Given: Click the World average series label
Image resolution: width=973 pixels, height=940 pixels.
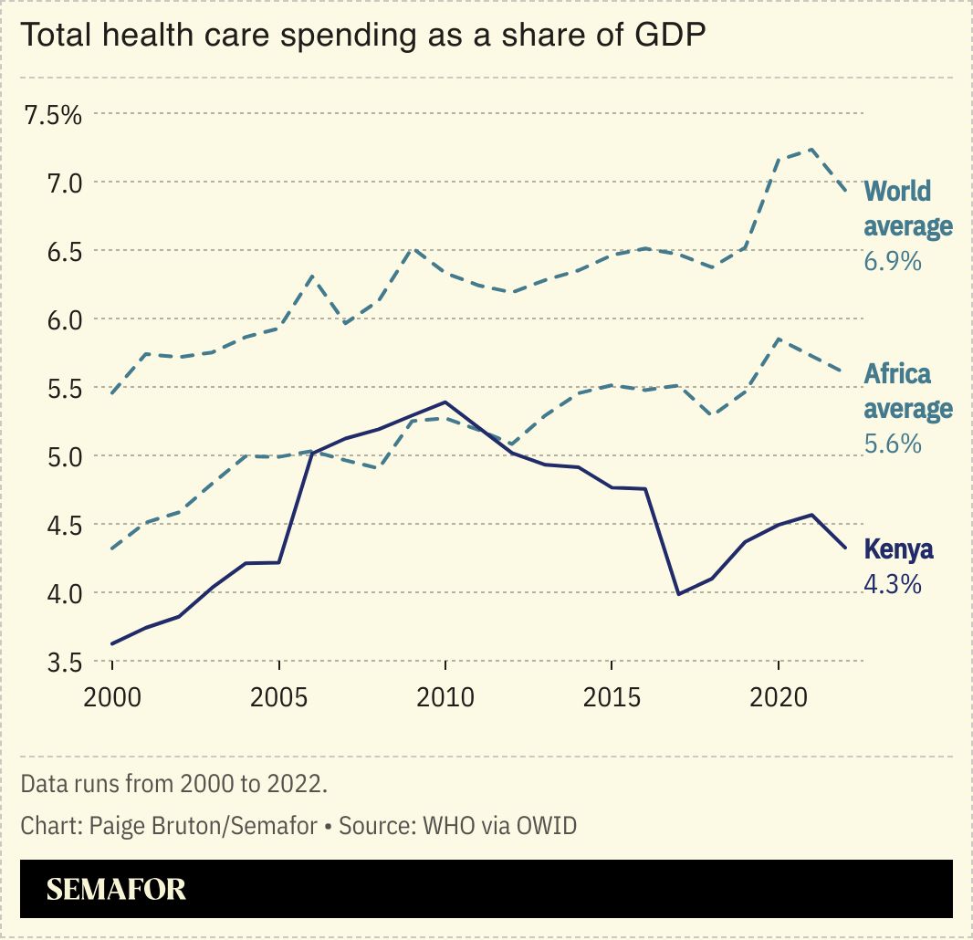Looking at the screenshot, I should point(907,209).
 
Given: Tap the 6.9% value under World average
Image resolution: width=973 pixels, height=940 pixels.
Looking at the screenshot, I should point(892,262).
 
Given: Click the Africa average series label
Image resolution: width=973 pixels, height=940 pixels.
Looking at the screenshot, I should point(907,392).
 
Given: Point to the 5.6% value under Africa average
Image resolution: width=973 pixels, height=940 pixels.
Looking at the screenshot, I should point(892,444).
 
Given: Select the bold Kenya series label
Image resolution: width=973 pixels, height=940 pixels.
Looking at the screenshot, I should point(898,549).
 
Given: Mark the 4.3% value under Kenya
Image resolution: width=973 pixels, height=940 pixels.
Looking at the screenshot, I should point(892,584).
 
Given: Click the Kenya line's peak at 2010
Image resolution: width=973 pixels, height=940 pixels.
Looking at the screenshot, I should point(445,402).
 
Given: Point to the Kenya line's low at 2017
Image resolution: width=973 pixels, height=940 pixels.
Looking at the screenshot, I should point(678,594).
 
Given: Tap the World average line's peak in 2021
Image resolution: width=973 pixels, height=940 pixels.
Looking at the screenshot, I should point(811,149).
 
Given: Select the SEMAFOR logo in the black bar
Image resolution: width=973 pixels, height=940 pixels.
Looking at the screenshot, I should point(116,889).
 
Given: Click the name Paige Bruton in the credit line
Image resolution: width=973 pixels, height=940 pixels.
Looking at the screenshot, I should point(157,826).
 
